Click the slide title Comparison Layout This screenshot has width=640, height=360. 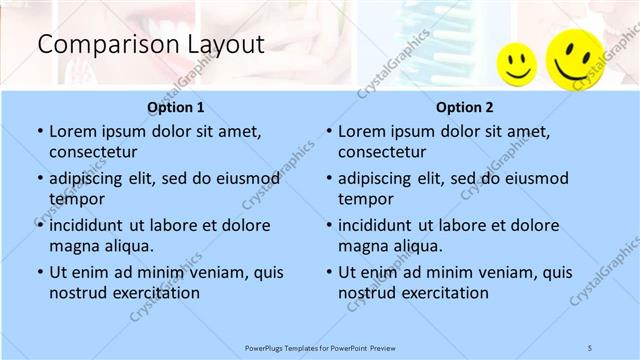point(150,44)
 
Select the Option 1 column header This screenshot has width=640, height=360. point(175,107)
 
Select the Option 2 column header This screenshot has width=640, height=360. point(464,107)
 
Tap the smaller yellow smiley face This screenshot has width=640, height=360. point(517,65)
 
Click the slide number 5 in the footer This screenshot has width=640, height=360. point(590,347)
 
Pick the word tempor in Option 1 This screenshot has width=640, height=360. point(74,199)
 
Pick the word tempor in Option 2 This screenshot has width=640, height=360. point(363,199)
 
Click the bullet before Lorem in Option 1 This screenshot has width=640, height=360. point(39,132)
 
